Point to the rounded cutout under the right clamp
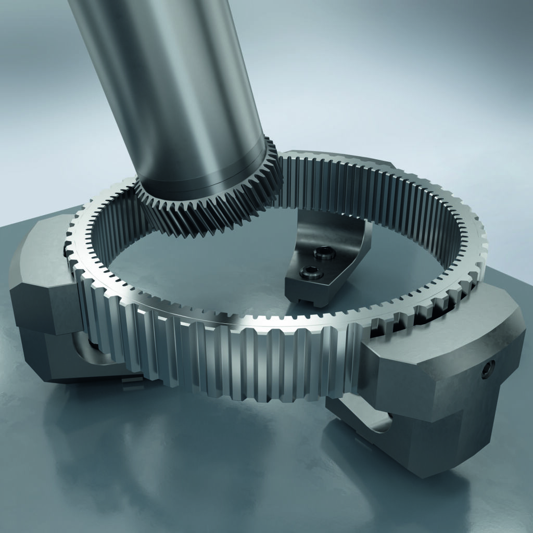(383, 422)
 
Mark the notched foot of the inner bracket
(307, 299)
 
